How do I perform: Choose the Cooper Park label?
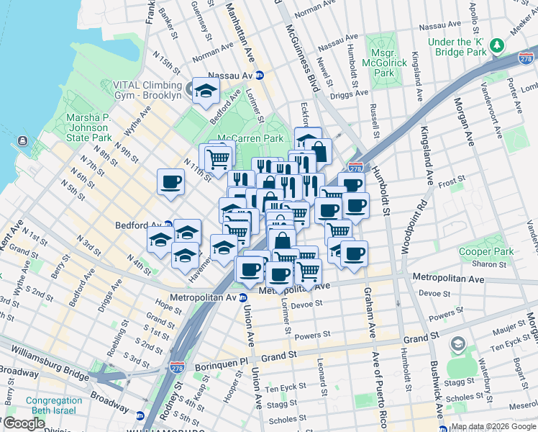point(485,252)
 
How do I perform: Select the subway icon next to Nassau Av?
point(260,75)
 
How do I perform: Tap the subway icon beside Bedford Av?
point(168,225)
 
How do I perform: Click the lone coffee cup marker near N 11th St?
point(171,182)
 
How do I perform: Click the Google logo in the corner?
point(24,424)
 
